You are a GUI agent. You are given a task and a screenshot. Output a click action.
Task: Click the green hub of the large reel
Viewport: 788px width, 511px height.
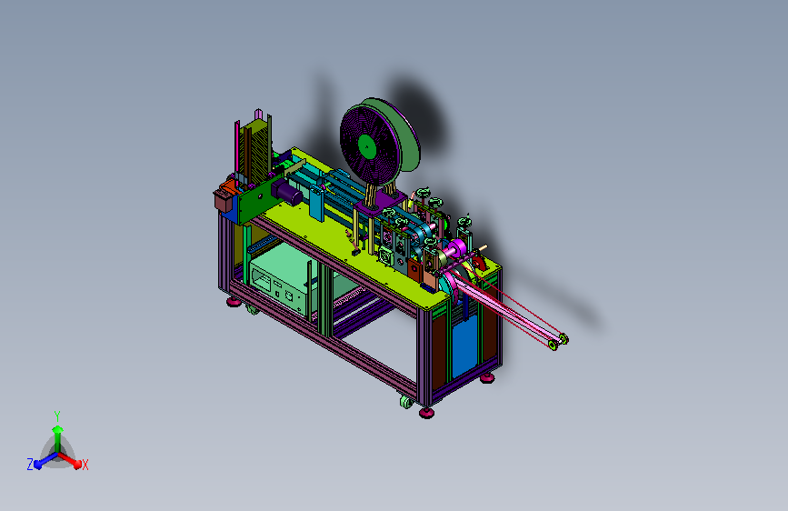(367, 147)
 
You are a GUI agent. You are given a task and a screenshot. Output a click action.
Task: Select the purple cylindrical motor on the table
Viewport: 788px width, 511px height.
(286, 192)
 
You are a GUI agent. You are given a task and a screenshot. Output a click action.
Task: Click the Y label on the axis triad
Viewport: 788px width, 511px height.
(57, 416)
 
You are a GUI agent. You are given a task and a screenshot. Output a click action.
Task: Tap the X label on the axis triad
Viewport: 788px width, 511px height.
(85, 465)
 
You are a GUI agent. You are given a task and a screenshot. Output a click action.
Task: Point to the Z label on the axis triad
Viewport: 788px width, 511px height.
(30, 465)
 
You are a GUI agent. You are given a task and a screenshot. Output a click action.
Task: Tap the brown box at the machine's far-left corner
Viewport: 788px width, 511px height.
(224, 199)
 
